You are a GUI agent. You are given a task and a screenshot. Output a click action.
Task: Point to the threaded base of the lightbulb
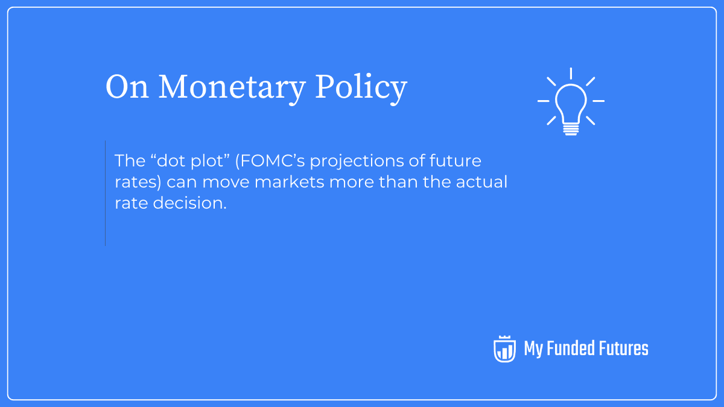(570, 128)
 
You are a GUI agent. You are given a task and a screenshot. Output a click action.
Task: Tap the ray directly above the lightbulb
(570, 74)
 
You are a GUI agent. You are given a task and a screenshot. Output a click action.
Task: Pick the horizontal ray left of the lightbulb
(544, 101)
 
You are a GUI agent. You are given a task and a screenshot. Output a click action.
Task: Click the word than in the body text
(396, 182)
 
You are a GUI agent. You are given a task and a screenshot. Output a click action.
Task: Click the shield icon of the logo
(504, 349)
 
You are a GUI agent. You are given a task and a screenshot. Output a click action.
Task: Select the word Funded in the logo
(570, 349)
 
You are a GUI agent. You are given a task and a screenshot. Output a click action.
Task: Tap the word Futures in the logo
(623, 349)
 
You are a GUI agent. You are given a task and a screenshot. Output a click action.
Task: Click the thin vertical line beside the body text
(105, 193)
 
